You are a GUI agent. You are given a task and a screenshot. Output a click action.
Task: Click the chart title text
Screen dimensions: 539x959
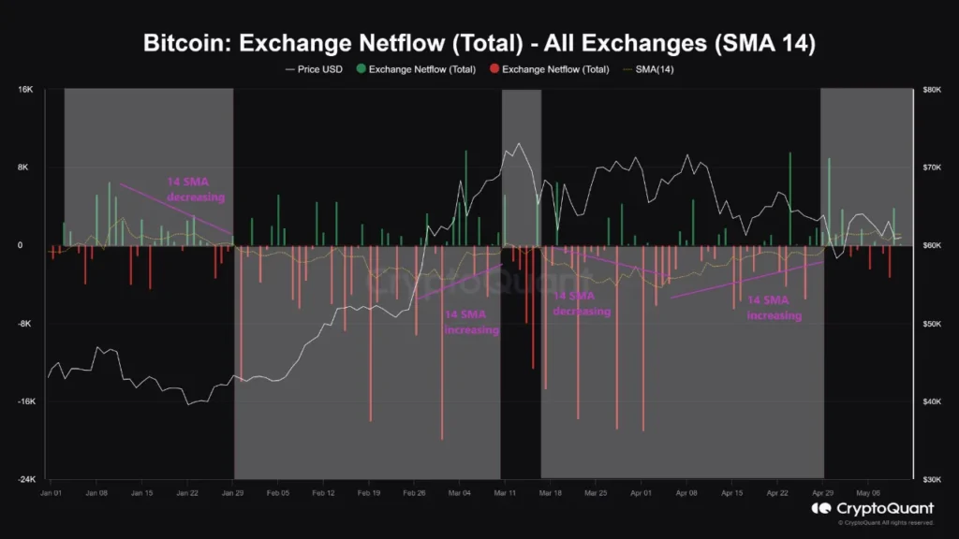click(479, 43)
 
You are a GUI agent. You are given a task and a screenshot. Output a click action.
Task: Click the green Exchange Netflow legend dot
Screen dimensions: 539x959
click(361, 69)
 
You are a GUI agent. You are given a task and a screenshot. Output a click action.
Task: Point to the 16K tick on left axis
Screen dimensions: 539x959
click(25, 90)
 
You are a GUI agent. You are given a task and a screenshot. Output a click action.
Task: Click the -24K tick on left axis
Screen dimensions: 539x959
click(23, 480)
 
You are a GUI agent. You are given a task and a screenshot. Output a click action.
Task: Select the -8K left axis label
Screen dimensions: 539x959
click(25, 324)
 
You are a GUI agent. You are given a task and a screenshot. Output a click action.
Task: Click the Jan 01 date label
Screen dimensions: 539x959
click(52, 491)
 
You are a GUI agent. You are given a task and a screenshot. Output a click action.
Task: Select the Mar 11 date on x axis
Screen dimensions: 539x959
click(506, 491)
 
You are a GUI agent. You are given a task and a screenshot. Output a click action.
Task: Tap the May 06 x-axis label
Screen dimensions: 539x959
click(869, 491)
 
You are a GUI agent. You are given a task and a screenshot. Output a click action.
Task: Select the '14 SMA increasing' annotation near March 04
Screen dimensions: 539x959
click(471, 323)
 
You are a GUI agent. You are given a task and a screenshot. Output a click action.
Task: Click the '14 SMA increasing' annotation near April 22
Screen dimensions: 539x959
click(774, 308)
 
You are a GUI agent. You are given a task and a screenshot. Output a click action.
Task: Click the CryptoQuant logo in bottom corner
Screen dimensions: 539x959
click(872, 511)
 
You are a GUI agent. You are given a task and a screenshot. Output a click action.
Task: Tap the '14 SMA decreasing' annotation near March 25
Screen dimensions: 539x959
click(581, 303)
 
